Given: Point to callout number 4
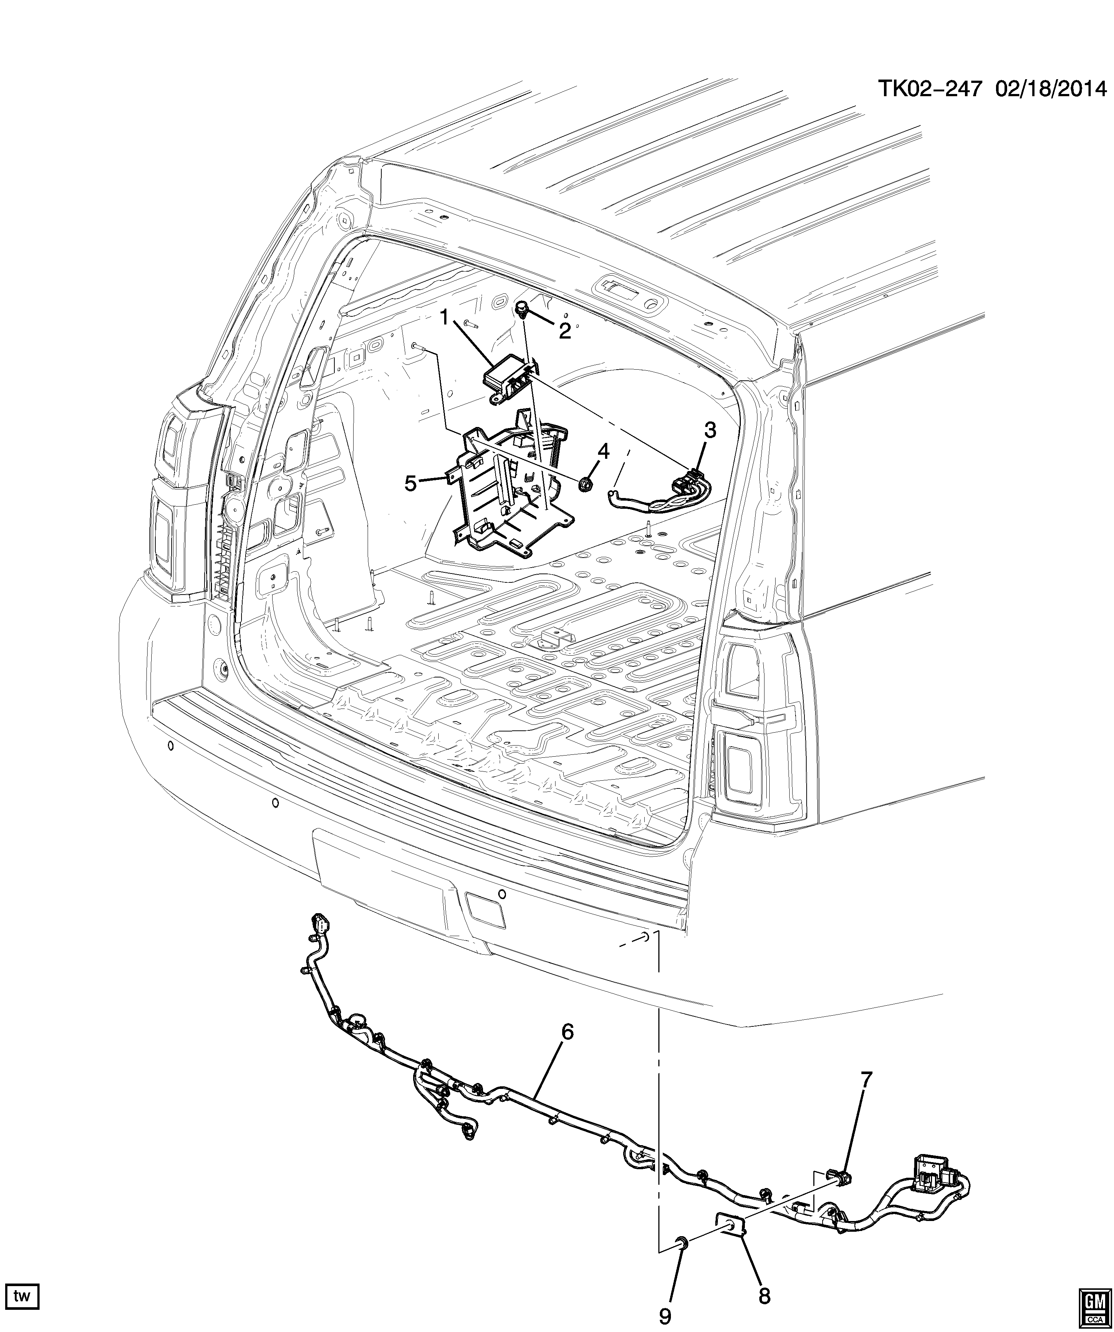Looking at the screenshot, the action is coord(603,452).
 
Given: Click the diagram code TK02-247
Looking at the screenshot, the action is coord(930,90).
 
